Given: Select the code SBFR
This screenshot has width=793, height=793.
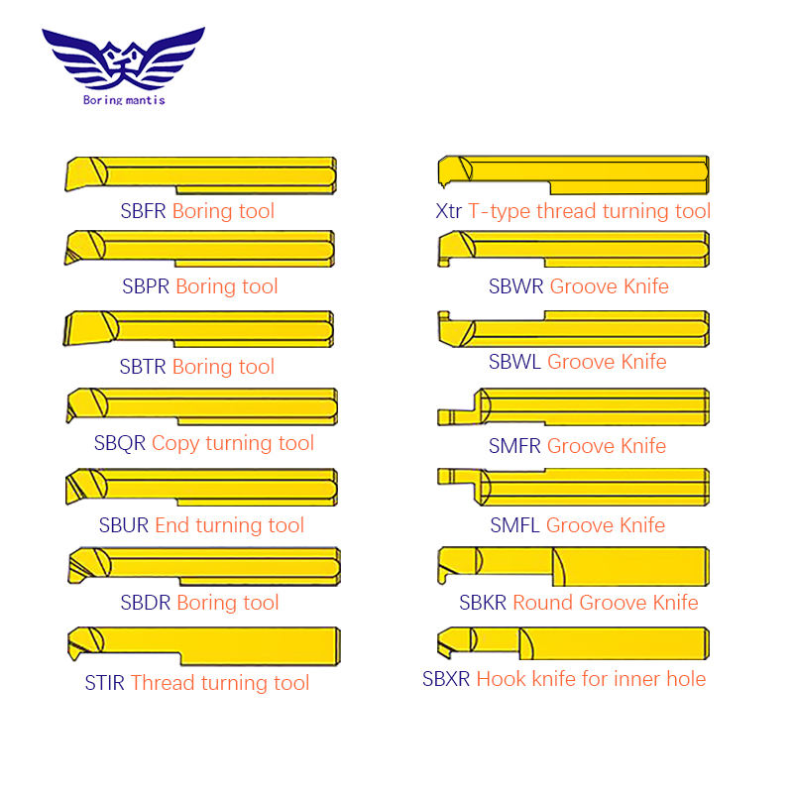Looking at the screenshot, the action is tap(144, 211).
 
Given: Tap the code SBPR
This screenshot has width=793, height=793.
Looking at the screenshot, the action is tap(146, 286).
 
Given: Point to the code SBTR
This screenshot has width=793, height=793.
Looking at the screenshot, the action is tap(143, 367).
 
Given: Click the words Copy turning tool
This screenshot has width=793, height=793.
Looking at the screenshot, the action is tap(233, 443).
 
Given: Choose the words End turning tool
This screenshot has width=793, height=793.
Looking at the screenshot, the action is tap(229, 525).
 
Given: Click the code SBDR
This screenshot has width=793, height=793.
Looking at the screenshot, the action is tap(146, 603).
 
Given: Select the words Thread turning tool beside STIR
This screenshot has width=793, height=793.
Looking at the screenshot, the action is tap(220, 683).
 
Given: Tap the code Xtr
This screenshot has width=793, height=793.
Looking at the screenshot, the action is tap(449, 211).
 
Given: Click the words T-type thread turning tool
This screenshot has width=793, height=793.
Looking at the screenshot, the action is tap(590, 211).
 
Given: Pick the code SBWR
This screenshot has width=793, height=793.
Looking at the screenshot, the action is tap(515, 286).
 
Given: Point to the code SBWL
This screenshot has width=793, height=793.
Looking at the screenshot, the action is tap(514, 362).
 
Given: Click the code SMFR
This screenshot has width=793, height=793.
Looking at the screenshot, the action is tap(514, 446).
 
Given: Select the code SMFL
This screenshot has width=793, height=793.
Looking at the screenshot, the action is tap(514, 525).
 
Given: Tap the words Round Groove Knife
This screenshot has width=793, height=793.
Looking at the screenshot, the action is tap(605, 603).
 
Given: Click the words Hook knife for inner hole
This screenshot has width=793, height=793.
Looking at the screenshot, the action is tap(591, 679).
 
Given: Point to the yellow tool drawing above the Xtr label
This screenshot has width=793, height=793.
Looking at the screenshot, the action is tap(573, 172).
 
